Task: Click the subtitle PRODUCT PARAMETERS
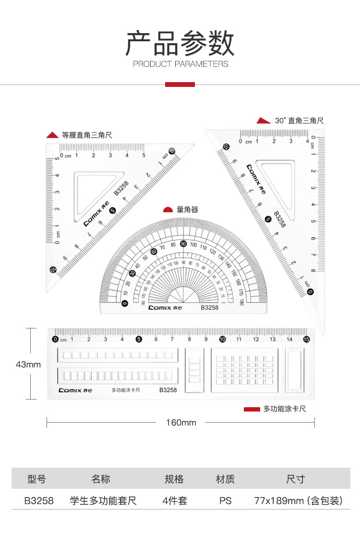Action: tap(180, 64)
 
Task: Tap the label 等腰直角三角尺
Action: tap(87, 135)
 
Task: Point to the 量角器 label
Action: tap(187, 209)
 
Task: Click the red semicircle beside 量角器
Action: tap(168, 210)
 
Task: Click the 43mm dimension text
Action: tap(28, 364)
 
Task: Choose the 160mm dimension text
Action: tap(181, 423)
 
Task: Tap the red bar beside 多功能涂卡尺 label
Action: tap(252, 409)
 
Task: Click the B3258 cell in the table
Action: tap(39, 501)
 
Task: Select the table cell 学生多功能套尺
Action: tap(103, 501)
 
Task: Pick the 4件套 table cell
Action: tap(175, 501)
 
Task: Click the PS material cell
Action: tap(225, 501)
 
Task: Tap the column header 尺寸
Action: tap(295, 479)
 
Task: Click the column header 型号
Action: tap(37, 479)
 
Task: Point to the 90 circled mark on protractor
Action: tap(183, 244)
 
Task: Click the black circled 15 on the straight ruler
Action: tap(306, 339)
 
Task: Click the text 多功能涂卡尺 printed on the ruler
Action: tap(126, 390)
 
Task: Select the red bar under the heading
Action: tap(180, 85)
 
